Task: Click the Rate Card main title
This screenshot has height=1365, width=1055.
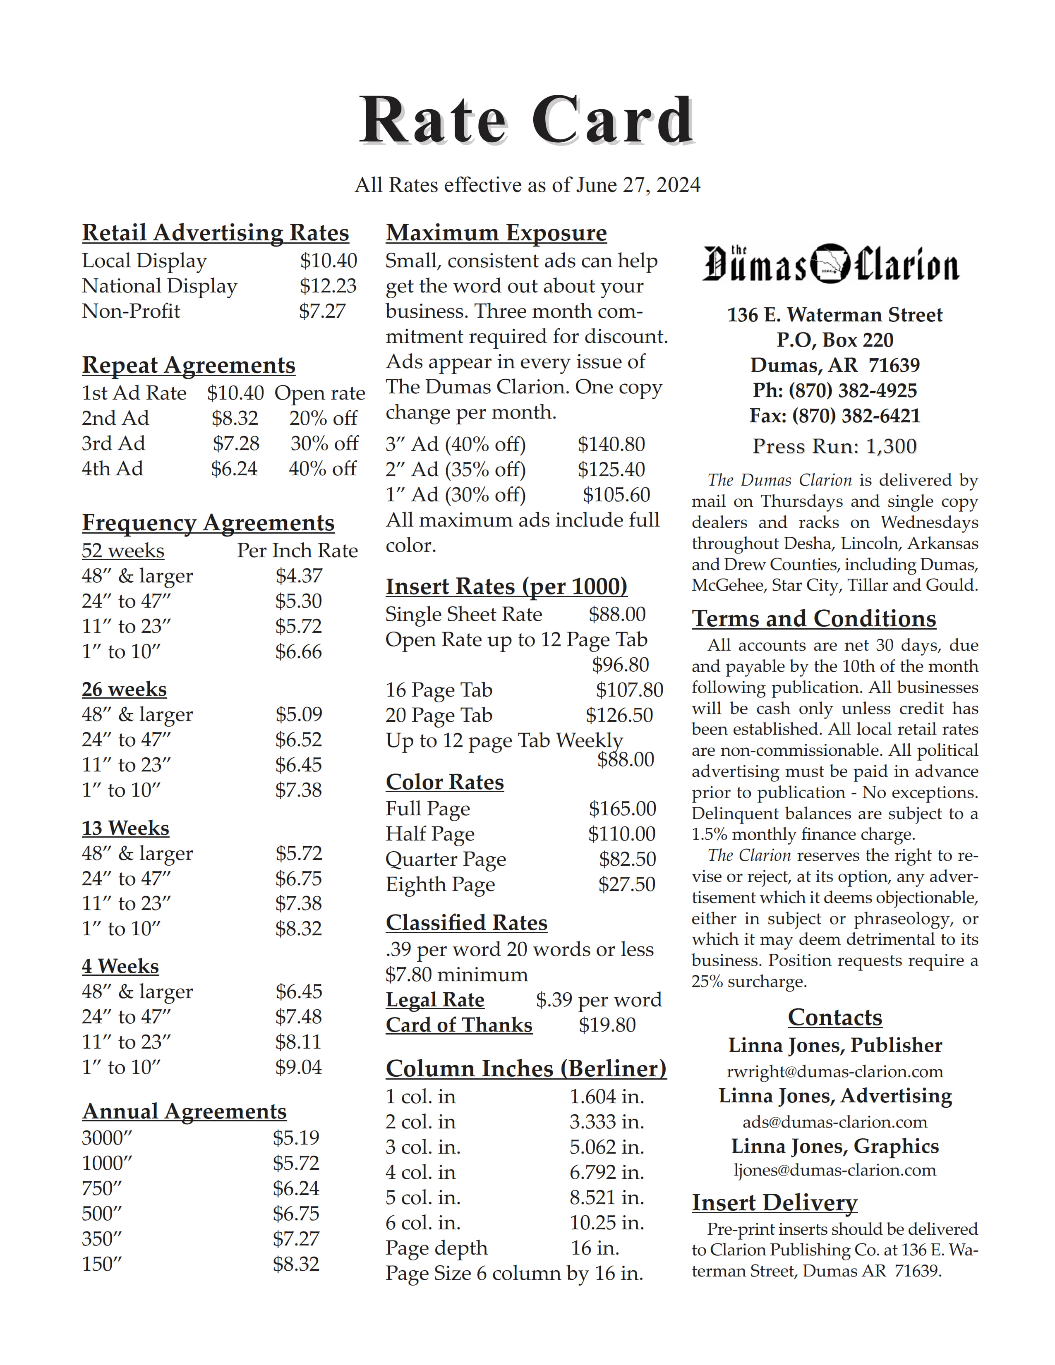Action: tap(527, 120)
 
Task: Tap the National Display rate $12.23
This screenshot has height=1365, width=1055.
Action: tap(328, 286)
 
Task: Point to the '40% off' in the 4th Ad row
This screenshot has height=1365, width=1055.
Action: tap(323, 469)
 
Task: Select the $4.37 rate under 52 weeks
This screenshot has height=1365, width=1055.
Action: tap(299, 576)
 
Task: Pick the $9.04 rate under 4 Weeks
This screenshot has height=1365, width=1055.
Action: tap(299, 1067)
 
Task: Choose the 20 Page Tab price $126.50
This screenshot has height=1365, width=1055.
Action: tap(619, 715)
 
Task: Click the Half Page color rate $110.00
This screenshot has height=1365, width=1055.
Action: tap(621, 834)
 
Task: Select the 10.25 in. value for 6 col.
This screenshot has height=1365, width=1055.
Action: tap(606, 1222)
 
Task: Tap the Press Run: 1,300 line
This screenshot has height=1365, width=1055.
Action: tap(834, 446)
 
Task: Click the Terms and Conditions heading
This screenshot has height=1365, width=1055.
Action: tap(814, 619)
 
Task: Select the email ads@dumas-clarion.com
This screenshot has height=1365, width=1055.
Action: tap(834, 1122)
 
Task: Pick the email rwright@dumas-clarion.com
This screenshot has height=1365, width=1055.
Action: tap(834, 1071)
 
